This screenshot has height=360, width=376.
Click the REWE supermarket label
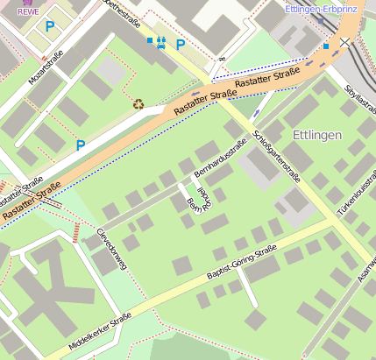click(29, 12)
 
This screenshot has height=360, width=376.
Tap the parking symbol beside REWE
click(50, 27)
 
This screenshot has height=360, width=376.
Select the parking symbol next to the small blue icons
click(181, 45)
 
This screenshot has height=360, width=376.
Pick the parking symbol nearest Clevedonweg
click(81, 145)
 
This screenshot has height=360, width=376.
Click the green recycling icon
click(138, 103)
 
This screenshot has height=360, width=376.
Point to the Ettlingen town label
click(320, 136)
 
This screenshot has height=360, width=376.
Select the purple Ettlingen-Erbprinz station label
click(323, 10)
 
